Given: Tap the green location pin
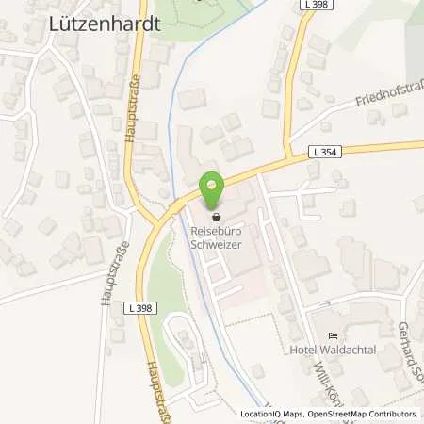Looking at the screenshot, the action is point(213,192).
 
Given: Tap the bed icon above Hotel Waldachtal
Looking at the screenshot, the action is point(332,336).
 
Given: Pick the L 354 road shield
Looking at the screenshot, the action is point(326,150).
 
